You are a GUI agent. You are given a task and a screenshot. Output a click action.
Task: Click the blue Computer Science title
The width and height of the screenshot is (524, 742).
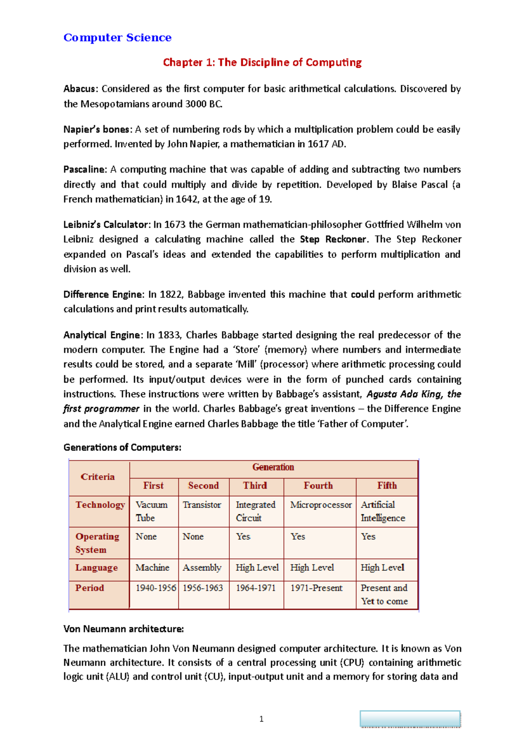coord(117,38)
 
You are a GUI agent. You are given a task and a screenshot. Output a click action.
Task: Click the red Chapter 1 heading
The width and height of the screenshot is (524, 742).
coord(262,62)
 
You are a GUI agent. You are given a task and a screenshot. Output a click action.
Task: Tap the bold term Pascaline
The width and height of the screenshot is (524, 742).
coord(84,170)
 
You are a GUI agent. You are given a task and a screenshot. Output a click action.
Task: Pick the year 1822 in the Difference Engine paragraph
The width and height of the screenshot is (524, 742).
coord(171,295)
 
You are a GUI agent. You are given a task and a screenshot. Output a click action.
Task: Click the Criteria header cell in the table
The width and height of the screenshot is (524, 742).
coord(98,477)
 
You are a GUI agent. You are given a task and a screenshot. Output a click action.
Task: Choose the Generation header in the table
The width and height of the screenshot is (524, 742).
coord(273,467)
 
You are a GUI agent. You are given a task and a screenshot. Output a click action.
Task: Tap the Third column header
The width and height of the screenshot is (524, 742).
coord(255,485)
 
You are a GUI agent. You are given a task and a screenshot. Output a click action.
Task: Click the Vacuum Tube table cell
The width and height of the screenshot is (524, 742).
coord(151,511)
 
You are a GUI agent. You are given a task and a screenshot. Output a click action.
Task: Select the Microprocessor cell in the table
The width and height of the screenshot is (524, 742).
coord(321,505)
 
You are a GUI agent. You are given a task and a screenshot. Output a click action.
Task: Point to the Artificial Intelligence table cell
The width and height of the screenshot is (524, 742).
coord(383,511)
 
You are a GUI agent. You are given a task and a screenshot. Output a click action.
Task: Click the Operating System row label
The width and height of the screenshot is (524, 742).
coord(97,543)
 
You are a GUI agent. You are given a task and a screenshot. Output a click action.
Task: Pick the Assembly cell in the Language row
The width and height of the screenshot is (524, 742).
coord(202,568)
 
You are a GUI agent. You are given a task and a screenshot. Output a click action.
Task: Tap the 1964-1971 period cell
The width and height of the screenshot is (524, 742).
coord(255,588)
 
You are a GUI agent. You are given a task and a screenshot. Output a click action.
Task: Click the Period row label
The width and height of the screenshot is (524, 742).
coord(90,588)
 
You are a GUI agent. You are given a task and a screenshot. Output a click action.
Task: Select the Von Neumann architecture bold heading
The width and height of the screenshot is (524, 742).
coord(124,629)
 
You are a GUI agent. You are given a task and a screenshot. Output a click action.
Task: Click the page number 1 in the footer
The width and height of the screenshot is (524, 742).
coord(261,719)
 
